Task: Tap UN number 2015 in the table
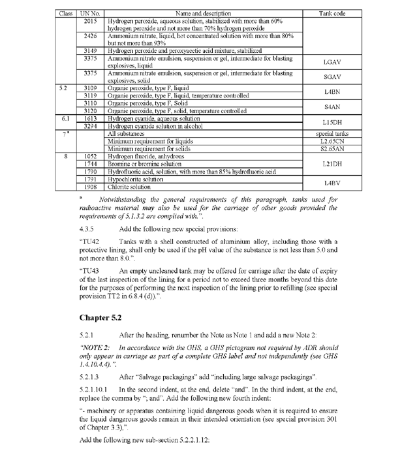(91, 21)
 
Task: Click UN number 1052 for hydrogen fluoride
(91, 157)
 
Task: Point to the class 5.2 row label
(64, 87)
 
